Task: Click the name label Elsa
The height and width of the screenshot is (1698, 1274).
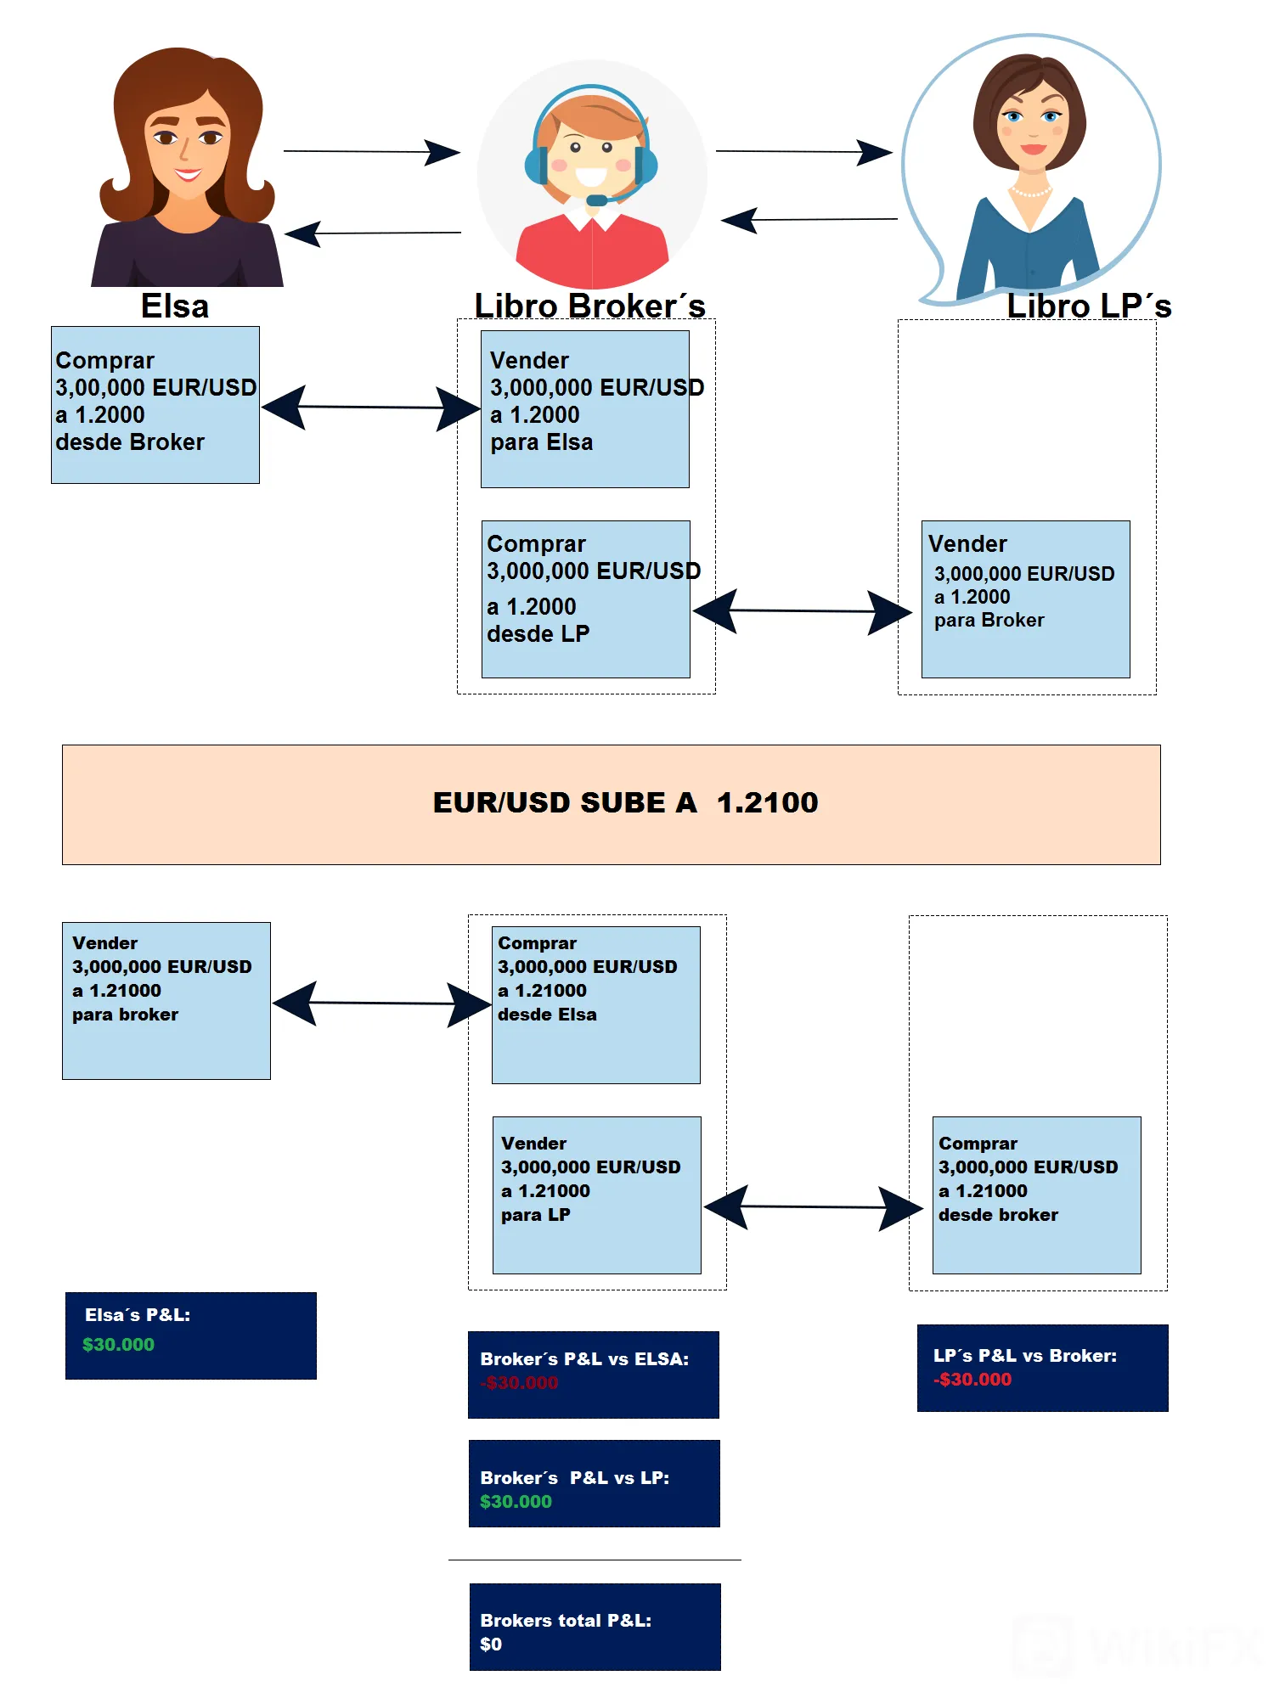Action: (175, 306)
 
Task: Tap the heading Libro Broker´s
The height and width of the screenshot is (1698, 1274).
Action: (590, 306)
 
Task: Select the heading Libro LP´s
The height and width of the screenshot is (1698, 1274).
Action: (1089, 306)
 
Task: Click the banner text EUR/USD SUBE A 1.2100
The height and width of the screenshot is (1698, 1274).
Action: (625, 802)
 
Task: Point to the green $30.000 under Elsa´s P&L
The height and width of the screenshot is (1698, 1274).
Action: (118, 1345)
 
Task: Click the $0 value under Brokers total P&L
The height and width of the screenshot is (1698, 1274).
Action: (491, 1645)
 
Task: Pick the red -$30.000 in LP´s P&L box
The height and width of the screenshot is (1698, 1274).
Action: (972, 1380)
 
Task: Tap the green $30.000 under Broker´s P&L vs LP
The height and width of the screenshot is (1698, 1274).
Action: (516, 1502)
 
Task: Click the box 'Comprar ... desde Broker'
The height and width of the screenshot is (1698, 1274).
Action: (155, 405)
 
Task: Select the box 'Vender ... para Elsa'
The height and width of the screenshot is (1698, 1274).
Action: (585, 409)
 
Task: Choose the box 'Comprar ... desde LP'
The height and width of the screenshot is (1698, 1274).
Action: (586, 599)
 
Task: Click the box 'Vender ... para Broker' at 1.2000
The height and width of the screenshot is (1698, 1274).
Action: (1026, 599)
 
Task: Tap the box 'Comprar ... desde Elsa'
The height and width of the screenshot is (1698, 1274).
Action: (596, 1005)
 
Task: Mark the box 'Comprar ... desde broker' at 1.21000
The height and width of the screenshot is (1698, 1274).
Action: (1037, 1195)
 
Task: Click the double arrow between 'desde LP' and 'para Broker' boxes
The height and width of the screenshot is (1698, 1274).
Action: (803, 611)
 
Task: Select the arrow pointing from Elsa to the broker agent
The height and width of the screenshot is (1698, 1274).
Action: (372, 152)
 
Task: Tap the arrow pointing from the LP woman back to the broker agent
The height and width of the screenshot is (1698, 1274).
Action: (809, 220)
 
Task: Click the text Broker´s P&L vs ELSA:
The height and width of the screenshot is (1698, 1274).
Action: (584, 1359)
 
